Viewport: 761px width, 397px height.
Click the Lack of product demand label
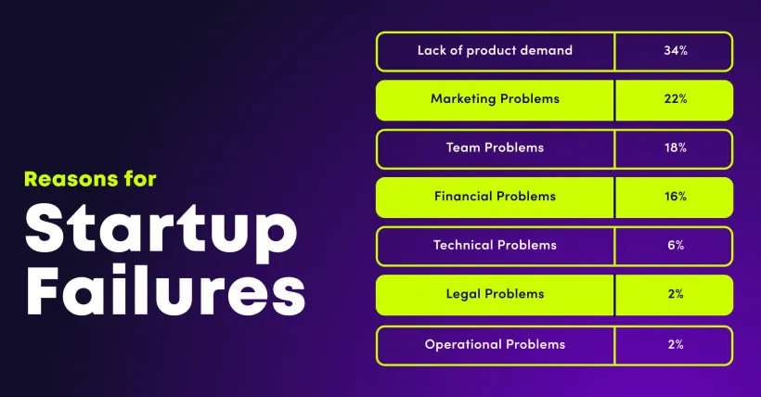click(495, 51)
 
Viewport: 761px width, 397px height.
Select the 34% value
click(675, 51)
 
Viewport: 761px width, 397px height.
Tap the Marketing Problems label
click(495, 99)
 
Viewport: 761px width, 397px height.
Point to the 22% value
click(675, 99)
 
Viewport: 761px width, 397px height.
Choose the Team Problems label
click(495, 148)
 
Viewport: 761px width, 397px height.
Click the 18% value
click(675, 148)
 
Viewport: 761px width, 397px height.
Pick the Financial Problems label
click(495, 197)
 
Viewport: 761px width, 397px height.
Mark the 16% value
click(675, 197)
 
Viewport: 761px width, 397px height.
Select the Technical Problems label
click(495, 246)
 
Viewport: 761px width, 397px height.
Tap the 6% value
click(675, 246)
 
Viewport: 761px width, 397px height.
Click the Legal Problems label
click(495, 294)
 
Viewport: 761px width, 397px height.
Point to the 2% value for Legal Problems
click(675, 294)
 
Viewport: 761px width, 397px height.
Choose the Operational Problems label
click(495, 344)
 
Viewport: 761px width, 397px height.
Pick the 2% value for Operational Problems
click(675, 344)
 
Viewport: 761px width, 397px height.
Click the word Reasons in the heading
click(66, 178)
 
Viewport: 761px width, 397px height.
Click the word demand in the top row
click(547, 51)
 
